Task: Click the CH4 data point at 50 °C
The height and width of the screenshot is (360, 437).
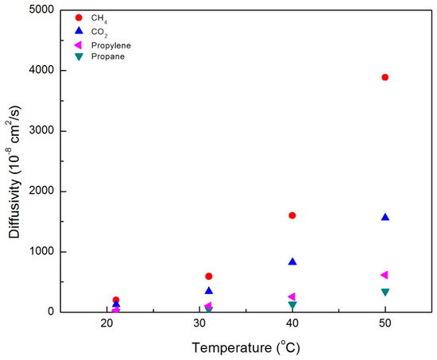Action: click(x=385, y=77)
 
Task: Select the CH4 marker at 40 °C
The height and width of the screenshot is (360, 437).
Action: click(x=292, y=215)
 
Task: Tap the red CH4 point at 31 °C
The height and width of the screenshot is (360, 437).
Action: click(x=209, y=276)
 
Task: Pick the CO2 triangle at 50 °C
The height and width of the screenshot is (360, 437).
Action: click(x=385, y=217)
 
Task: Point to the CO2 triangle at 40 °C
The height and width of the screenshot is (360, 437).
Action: click(x=292, y=261)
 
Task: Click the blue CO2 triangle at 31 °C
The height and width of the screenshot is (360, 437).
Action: click(x=209, y=291)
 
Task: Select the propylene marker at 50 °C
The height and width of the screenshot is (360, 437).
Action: click(x=385, y=275)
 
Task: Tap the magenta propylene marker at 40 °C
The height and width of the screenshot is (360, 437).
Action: click(x=292, y=296)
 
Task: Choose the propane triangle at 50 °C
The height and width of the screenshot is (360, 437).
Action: click(x=385, y=292)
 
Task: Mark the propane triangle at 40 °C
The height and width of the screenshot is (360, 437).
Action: click(x=292, y=305)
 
